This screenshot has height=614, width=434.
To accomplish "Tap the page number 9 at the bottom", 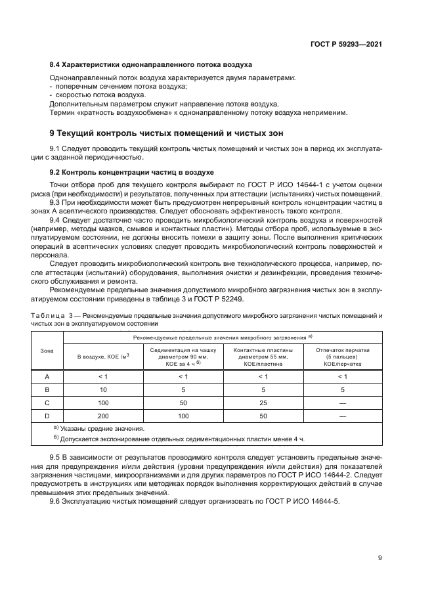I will (x=380, y=559).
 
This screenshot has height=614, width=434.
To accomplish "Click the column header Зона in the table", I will (x=47, y=351).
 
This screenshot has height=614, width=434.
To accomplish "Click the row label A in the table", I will (x=47, y=376).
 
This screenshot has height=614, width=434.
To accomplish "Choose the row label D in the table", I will (x=47, y=416).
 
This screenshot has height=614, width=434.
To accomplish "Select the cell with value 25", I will (x=263, y=403).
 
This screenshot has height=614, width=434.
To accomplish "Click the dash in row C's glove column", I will (x=342, y=403).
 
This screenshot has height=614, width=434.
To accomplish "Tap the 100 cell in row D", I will (x=183, y=416).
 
